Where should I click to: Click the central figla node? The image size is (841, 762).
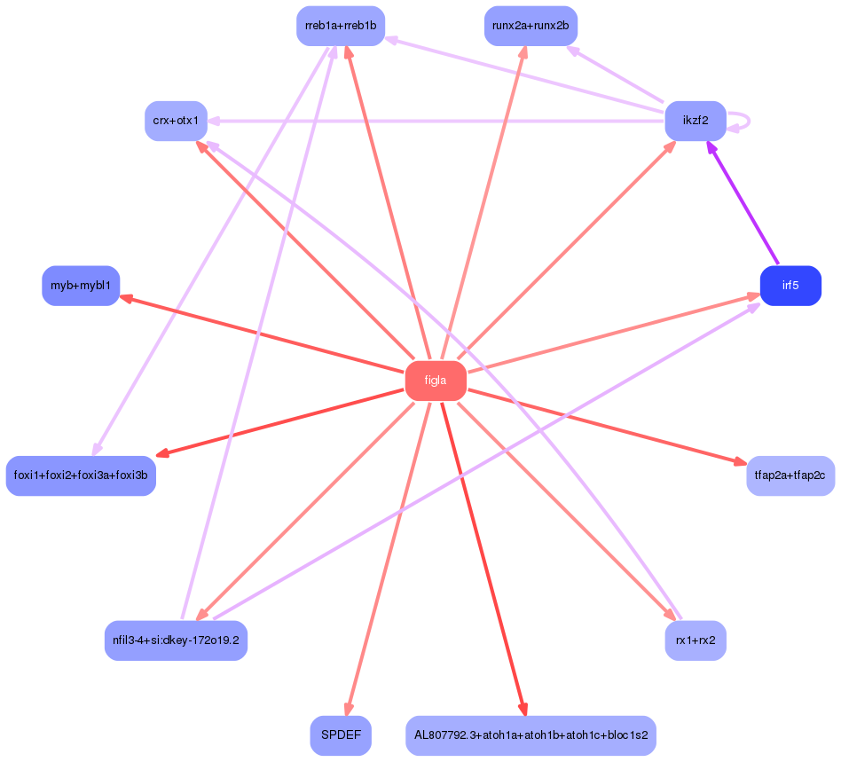coord(436,381)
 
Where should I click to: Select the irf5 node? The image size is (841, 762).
coord(790,286)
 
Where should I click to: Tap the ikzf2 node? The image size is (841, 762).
coord(696,121)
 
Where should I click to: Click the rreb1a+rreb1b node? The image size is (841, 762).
coord(341,26)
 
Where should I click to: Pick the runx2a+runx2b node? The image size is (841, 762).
coord(531,26)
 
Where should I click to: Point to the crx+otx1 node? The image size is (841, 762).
coord(176,121)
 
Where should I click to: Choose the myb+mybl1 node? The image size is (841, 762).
coord(81,286)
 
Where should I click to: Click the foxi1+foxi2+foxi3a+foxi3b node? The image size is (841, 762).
coord(81,475)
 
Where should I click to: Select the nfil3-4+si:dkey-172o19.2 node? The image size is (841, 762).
coord(176,640)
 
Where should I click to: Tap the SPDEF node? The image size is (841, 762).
coord(341,735)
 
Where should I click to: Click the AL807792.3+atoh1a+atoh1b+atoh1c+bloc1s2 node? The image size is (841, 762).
coord(531,735)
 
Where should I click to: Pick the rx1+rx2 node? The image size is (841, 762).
coord(696,640)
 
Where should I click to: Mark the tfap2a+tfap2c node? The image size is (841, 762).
coord(790,475)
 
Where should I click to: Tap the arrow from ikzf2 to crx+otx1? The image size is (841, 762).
coord(435,121)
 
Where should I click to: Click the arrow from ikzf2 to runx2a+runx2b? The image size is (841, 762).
coord(617,75)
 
